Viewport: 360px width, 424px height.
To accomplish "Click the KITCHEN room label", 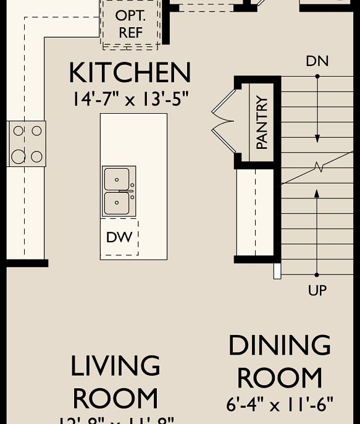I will [x=130, y=73].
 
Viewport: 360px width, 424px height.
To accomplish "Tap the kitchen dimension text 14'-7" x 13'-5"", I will [x=130, y=99].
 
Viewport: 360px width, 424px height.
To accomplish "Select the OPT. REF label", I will [x=130, y=24].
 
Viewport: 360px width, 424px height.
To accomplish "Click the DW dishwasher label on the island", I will [x=119, y=237].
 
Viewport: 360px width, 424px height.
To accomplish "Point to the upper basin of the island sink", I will [x=117, y=179].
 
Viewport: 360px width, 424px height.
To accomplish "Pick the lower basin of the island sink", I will [x=117, y=203].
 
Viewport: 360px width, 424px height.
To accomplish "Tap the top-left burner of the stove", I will [x=19, y=131].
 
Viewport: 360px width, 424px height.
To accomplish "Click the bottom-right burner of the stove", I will [x=36, y=156].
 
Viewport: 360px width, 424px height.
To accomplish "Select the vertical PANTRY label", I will [x=262, y=122].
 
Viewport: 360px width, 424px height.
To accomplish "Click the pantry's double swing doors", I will [x=223, y=122].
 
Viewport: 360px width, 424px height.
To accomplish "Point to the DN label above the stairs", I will [x=317, y=61].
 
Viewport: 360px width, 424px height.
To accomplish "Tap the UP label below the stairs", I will [x=317, y=290].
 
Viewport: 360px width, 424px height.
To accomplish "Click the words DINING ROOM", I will [x=280, y=362].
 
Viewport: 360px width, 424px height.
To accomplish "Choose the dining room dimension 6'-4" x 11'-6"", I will [x=280, y=405].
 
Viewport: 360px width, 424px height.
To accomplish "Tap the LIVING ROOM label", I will [x=115, y=382].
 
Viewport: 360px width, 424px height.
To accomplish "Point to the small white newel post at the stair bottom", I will [x=277, y=271].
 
